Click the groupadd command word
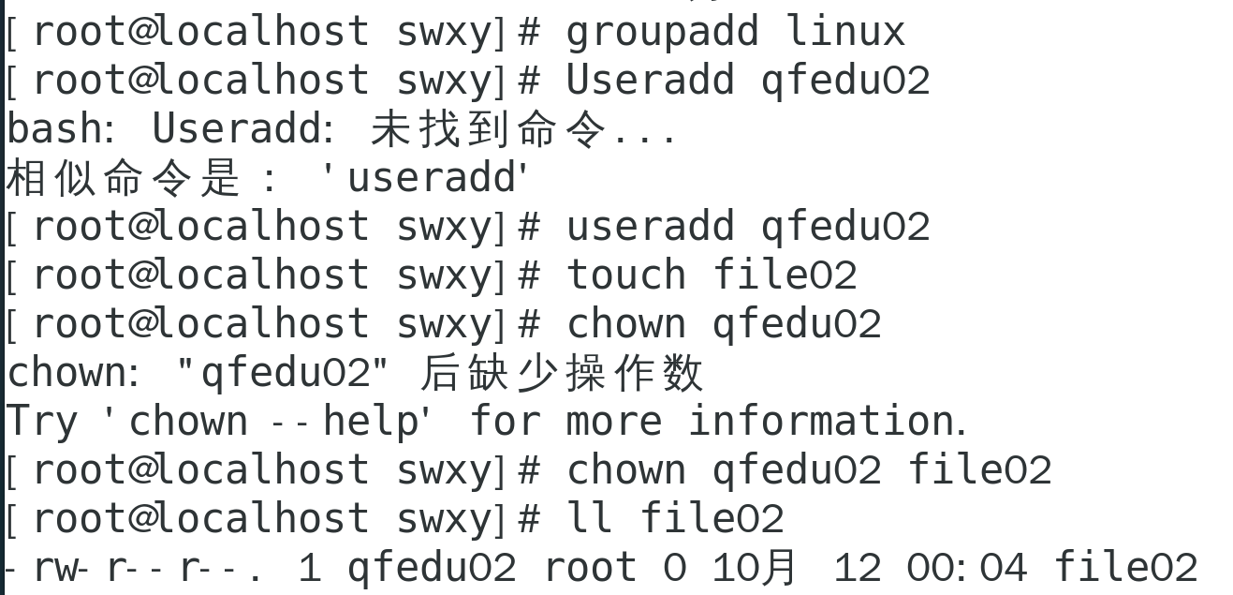662,32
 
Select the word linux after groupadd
845,32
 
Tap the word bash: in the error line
60,129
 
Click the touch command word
626,275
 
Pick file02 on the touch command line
785,275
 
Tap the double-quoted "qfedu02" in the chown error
283,373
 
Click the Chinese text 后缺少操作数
561,373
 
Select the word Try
42,422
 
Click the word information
827,422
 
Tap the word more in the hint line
613,422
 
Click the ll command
590,519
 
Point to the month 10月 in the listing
755,568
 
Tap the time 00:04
966,568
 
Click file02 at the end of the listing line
1125,568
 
